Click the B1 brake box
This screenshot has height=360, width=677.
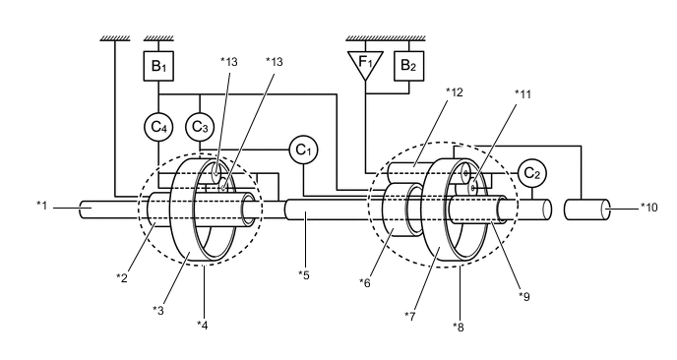point(158,66)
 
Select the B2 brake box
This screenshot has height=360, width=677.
point(408,66)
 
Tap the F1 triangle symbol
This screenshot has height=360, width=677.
point(365,65)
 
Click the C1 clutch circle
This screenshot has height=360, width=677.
point(303,150)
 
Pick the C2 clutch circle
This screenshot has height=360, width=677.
point(531,173)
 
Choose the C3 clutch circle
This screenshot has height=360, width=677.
point(200,127)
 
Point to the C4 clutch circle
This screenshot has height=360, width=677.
point(158,127)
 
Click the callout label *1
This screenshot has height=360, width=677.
point(42,206)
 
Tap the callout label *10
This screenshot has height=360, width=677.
point(648,208)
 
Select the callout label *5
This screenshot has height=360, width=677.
point(304,275)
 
